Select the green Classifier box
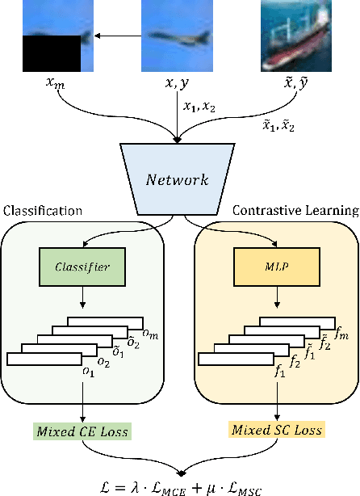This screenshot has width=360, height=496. pos(82,266)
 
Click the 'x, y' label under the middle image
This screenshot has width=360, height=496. pos(175,83)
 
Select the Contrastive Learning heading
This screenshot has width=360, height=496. pos(295,211)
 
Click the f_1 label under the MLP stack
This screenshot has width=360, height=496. pos(280,372)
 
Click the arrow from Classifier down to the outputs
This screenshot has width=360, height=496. pos(82,296)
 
